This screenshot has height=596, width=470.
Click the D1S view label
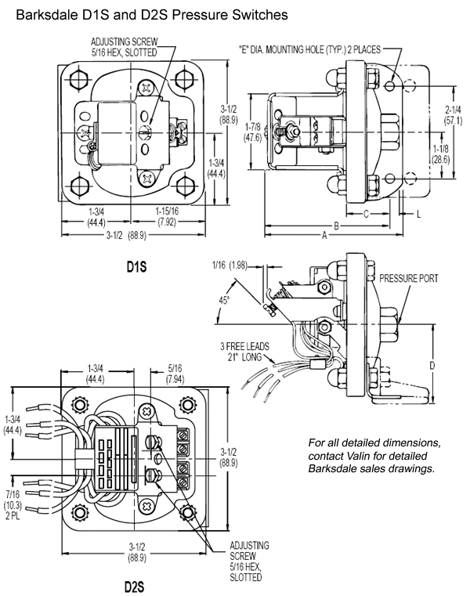coord(137,267)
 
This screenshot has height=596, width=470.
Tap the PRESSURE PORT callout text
coord(409,278)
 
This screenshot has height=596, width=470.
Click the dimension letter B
coord(335,225)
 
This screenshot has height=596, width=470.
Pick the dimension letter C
coord(366,212)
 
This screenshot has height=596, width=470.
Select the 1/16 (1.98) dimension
coord(229,265)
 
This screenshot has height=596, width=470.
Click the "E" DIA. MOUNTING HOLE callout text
coord(309,49)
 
